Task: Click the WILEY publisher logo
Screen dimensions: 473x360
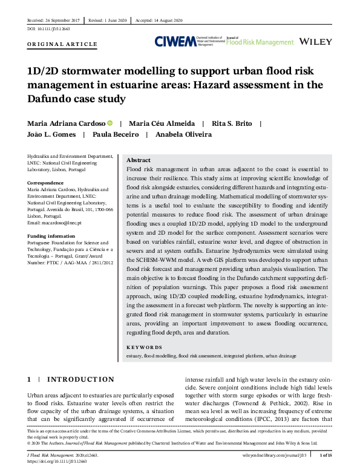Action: [x=316, y=41]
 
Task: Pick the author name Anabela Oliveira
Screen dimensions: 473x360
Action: [x=183, y=134]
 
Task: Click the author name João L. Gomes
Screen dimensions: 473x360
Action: [x=50, y=134]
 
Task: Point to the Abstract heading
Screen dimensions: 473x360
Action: [x=139, y=160]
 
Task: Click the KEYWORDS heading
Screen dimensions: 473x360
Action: [x=145, y=347]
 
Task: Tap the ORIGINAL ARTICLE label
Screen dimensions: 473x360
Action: [x=62, y=45]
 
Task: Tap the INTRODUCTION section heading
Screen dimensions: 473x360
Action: [x=80, y=379]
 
